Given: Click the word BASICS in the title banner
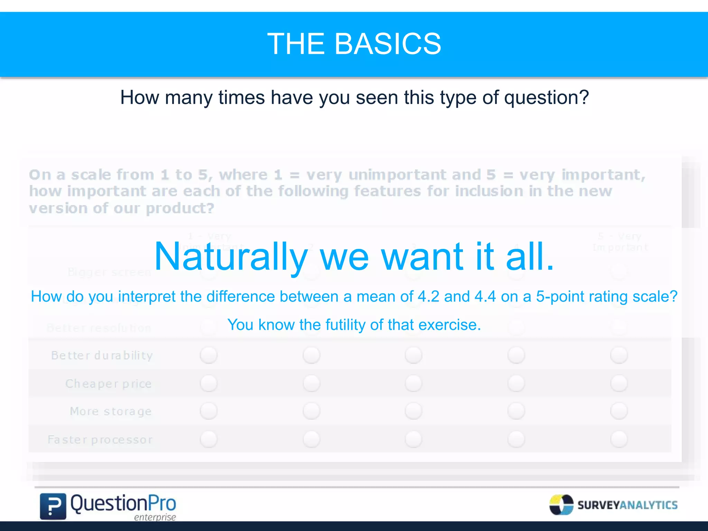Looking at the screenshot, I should pos(388,44).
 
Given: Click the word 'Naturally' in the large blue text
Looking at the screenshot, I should pos(231,257).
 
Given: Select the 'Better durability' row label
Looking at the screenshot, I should pos(102,355).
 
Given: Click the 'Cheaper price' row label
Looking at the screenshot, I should pos(109,384).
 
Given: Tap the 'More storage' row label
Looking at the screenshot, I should pos(111,411).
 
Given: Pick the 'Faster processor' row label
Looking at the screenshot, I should pos(100,440).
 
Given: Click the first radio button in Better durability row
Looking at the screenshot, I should pos(208,355).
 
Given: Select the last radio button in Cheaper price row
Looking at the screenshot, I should pos(619,384).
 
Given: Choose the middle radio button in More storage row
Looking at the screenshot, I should pos(413,411).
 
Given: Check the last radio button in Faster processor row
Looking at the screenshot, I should pos(619,439).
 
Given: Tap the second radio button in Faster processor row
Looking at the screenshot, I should pos(311,439).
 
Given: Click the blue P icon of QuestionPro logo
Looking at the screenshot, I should pos(53,506).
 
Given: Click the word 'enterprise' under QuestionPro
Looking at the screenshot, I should pos(155,517).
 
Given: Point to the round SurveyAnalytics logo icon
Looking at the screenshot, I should pos(561,505).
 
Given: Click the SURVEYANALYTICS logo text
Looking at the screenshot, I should pos(627,505).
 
